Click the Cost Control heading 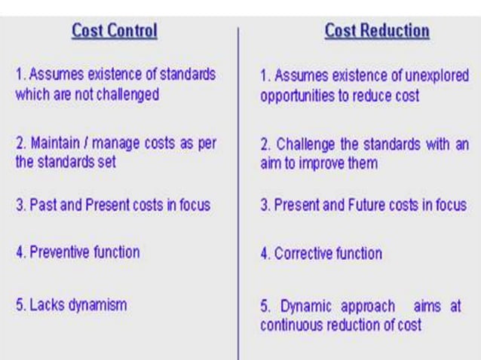[x=115, y=31]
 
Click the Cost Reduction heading [x=377, y=31]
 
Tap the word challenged [x=124, y=95]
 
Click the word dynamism [x=97, y=305]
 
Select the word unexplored [x=436, y=76]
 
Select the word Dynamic [x=307, y=307]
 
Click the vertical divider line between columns [x=240, y=188]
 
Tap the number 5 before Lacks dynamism [x=20, y=305]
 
